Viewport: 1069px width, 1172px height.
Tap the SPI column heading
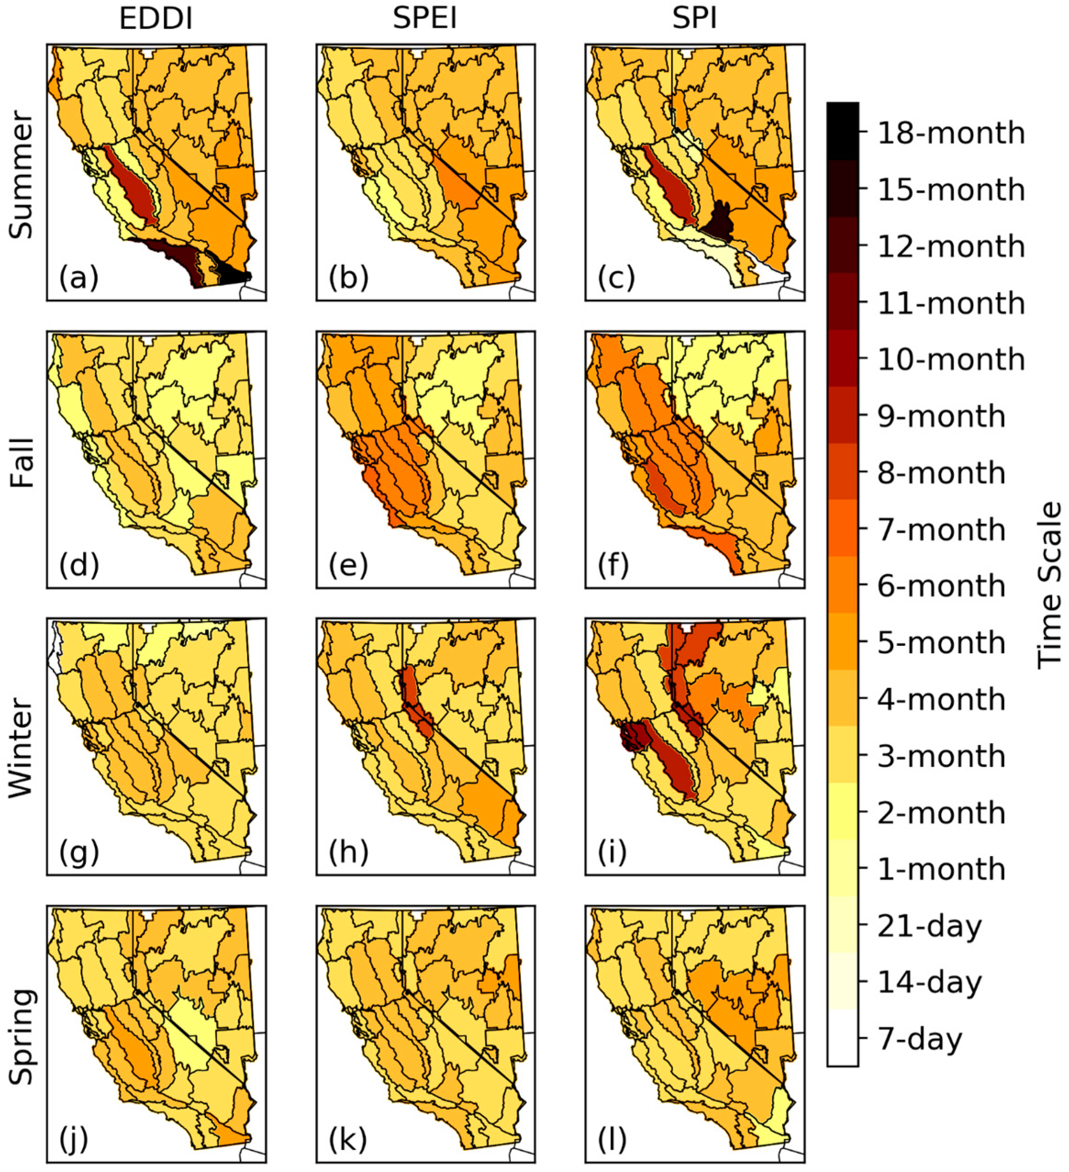click(695, 19)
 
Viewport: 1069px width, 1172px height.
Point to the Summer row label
click(22, 175)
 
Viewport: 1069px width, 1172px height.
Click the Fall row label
click(22, 462)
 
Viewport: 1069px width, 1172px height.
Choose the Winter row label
click(22, 748)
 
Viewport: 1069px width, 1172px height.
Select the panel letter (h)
click(348, 853)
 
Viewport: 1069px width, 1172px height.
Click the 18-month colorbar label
click(950, 133)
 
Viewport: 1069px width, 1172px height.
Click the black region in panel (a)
click(235, 276)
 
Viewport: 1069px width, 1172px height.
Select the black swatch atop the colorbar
click(842, 131)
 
